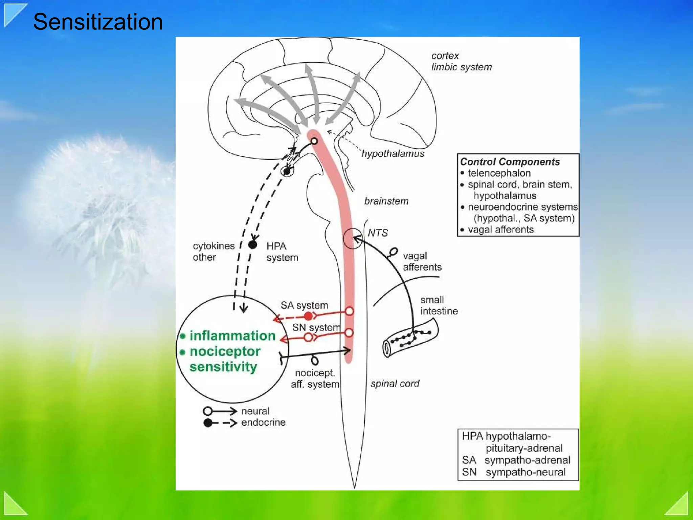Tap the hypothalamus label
[393, 154]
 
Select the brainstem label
[386, 201]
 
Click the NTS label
[378, 233]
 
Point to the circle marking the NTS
[352, 239]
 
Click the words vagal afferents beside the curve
[422, 261]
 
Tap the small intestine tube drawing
[410, 338]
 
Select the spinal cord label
[395, 384]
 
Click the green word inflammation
[232, 335]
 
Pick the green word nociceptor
[225, 351]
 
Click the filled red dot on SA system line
[308, 316]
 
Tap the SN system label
[316, 327]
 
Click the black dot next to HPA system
[252, 244]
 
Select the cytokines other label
[214, 252]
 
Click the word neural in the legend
[255, 411]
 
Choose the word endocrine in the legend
[263, 422]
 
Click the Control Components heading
[510, 162]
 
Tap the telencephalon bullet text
[499, 173]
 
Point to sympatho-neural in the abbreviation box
[526, 472]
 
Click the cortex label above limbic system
[445, 56]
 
